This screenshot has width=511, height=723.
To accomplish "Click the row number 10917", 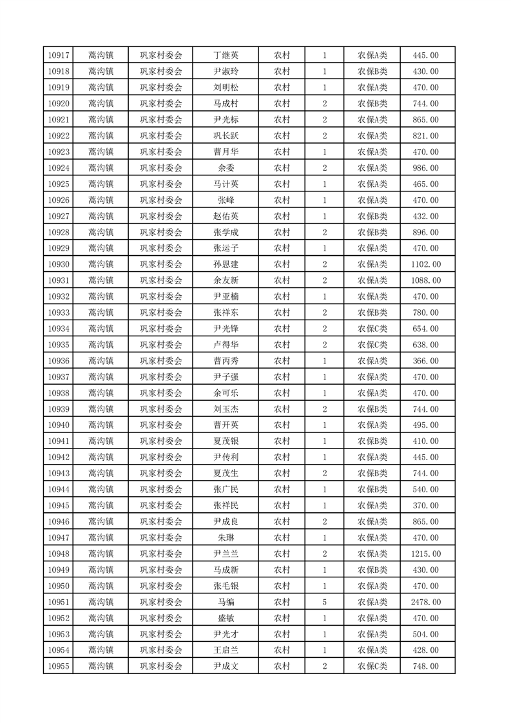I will (59, 55).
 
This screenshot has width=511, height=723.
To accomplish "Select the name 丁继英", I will (226, 55).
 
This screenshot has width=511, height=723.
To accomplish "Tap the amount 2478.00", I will (425, 602).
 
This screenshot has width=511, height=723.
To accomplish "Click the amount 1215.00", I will (425, 554).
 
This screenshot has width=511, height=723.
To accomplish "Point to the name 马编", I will (226, 602).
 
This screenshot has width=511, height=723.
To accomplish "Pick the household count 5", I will (324, 602).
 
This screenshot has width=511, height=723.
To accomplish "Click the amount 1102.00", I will (425, 264).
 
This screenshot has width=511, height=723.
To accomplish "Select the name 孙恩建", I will (226, 264).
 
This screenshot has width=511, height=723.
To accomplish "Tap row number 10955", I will (59, 666).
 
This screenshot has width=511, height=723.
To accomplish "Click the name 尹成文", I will (226, 666).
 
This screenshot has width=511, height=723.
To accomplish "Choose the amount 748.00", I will (425, 666).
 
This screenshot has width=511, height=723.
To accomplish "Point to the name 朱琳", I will (226, 537).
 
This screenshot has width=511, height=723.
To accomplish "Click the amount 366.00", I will (425, 361).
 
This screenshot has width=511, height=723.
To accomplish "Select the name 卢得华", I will (226, 345).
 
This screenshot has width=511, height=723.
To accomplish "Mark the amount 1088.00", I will (425, 280).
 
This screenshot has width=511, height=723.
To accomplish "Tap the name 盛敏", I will (226, 618).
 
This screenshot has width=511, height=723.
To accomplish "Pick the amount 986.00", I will (425, 168).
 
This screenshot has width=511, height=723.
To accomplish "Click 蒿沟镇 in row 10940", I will (101, 425).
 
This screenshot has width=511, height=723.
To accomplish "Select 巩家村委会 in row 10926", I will (161, 200).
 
